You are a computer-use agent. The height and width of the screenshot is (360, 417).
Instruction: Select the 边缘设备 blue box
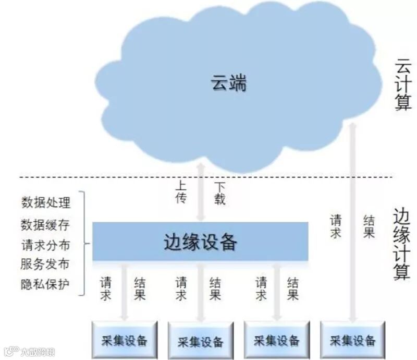pyautogui.click(x=200, y=242)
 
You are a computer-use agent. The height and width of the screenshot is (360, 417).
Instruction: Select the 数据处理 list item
pyautogui.click(x=45, y=201)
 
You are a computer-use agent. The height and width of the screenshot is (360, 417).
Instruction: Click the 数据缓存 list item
pyautogui.click(x=45, y=225)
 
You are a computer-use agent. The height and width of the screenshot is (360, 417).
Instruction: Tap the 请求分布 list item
pyautogui.click(x=45, y=245)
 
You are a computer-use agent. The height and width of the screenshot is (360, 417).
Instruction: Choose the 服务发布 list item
pyautogui.click(x=45, y=264)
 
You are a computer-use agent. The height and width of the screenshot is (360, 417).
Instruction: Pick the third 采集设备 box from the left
pyautogui.click(x=277, y=341)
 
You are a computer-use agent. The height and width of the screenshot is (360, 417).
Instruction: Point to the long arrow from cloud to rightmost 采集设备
pyautogui.click(x=353, y=219)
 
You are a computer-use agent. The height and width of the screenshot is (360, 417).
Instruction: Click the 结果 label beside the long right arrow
pyautogui.click(x=369, y=225)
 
